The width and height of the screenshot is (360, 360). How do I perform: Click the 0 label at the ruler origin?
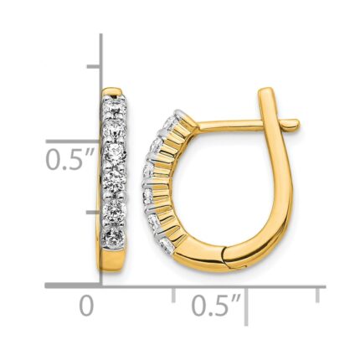click(x=87, y=306)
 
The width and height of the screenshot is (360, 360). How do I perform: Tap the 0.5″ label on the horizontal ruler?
click(x=216, y=306)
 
